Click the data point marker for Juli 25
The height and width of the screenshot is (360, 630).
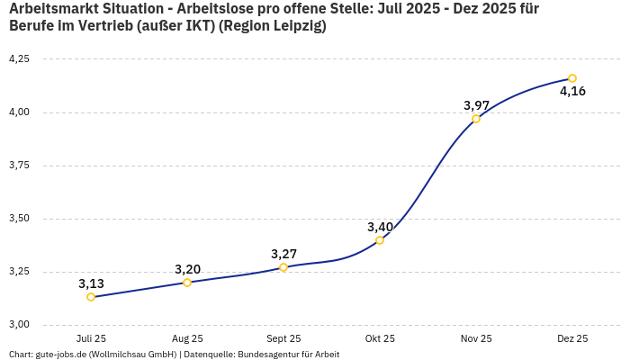coord(91,297)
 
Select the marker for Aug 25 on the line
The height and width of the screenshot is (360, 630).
coord(187,283)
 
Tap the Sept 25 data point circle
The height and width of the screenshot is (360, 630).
coord(283,267)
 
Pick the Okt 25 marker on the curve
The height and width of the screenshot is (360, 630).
coord(380,240)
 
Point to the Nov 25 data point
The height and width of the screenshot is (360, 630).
coord(476,119)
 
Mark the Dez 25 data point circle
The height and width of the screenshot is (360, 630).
coord(572,78)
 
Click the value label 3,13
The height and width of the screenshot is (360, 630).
coord(91,283)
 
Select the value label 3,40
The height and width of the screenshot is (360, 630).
coord(380,227)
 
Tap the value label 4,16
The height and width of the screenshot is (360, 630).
coord(572,92)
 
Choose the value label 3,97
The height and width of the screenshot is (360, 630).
coord(476,105)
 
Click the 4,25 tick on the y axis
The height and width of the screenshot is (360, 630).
coord(19,58)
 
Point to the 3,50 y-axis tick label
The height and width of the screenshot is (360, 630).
coord(19,219)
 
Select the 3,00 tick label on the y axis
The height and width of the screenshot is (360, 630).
coord(19,325)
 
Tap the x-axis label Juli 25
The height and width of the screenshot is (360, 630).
coord(91,338)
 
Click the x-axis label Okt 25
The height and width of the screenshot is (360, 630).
coord(380,338)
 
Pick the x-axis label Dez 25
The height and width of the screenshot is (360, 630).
coord(572,338)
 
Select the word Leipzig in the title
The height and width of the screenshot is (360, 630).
coord(292,26)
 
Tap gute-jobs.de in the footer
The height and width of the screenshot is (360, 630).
coord(60,355)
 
